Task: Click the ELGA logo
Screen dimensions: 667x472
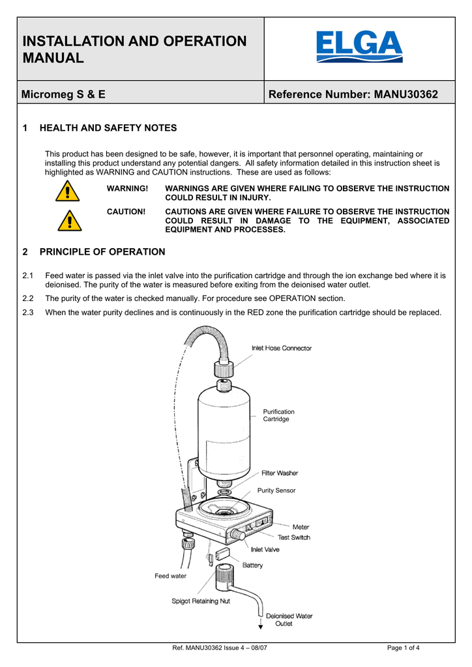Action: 359,47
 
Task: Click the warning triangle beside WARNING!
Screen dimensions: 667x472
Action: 67,192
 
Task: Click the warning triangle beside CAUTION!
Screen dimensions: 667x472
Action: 67,220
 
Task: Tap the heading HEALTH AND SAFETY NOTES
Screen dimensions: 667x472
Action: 108,128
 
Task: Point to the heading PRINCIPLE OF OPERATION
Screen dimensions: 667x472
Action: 102,251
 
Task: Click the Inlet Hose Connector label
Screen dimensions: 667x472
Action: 282,348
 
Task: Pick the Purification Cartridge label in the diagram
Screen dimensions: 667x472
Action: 278,415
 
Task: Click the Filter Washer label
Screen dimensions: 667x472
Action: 280,473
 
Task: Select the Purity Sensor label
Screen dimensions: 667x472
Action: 276,490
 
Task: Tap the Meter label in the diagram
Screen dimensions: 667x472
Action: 301,527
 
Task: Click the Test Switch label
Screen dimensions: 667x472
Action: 294,537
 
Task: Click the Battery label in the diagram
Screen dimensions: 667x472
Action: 252,565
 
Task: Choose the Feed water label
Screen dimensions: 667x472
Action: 170,576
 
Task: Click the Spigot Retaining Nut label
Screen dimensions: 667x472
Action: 201,601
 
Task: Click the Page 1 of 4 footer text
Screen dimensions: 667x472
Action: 403,648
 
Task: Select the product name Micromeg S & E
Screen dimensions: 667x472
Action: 64,94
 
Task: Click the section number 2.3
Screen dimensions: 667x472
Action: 28,312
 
